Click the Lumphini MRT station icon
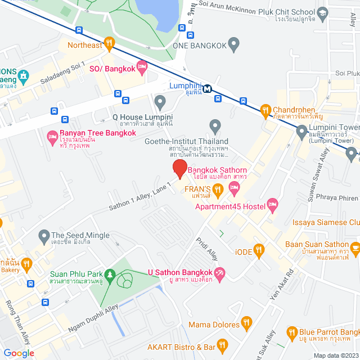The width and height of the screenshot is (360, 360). [x=208, y=88]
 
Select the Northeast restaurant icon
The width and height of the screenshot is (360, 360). [x=110, y=42]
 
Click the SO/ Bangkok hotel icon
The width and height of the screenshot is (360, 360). [x=142, y=67]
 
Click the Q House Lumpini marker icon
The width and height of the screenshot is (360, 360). [x=160, y=102]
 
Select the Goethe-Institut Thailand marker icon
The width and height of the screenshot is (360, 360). [x=214, y=126]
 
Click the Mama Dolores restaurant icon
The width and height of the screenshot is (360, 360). [x=246, y=323]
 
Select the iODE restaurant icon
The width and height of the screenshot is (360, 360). [x=259, y=249]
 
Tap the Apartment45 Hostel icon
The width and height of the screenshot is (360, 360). [x=273, y=206]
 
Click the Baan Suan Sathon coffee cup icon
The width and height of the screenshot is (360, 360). [x=355, y=246]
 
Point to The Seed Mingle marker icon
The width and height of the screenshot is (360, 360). [x=43, y=235]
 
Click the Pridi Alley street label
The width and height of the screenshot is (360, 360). [x=206, y=249]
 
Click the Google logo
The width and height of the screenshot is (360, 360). [x=19, y=353]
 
